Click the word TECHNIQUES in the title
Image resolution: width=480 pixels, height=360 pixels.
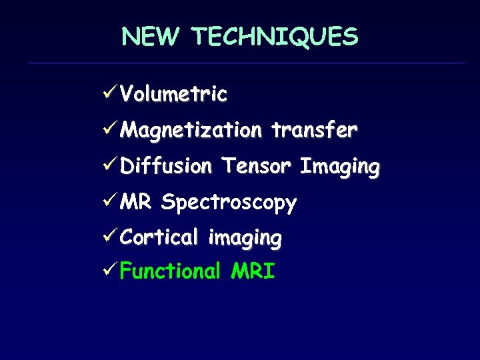(x=275, y=37)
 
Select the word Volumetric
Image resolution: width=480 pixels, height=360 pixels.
(x=173, y=94)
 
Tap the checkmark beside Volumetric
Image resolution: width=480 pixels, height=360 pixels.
(x=111, y=93)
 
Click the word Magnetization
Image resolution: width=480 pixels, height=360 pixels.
(x=191, y=130)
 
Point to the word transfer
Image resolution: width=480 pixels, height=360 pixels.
(x=314, y=129)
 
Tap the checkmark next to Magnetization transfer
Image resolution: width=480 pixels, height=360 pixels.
(x=111, y=129)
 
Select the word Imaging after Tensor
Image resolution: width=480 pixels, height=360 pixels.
(x=339, y=167)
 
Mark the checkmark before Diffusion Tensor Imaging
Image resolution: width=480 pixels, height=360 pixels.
(x=111, y=165)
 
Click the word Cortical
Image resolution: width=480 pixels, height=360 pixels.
(x=159, y=237)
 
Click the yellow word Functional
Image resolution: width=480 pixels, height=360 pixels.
(x=170, y=272)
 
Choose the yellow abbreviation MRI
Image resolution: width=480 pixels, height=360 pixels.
(x=253, y=272)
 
